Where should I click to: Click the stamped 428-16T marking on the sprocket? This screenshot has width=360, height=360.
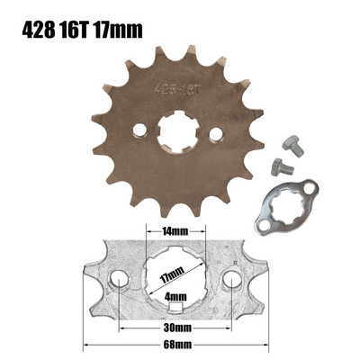point(175,89)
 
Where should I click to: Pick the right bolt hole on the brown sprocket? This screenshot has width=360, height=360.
point(215,135)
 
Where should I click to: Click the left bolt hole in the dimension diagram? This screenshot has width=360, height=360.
point(119,285)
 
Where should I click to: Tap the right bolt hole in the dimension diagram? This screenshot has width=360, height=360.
point(232,285)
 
